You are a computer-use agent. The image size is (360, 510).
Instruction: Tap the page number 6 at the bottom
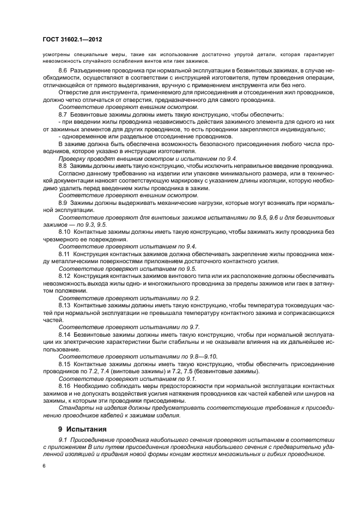click(x=44, y=466)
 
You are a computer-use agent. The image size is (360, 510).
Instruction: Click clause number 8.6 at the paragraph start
click(x=63, y=71)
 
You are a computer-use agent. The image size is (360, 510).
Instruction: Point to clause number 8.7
click(x=63, y=116)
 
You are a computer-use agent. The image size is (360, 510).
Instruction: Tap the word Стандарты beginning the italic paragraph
click(x=76, y=408)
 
